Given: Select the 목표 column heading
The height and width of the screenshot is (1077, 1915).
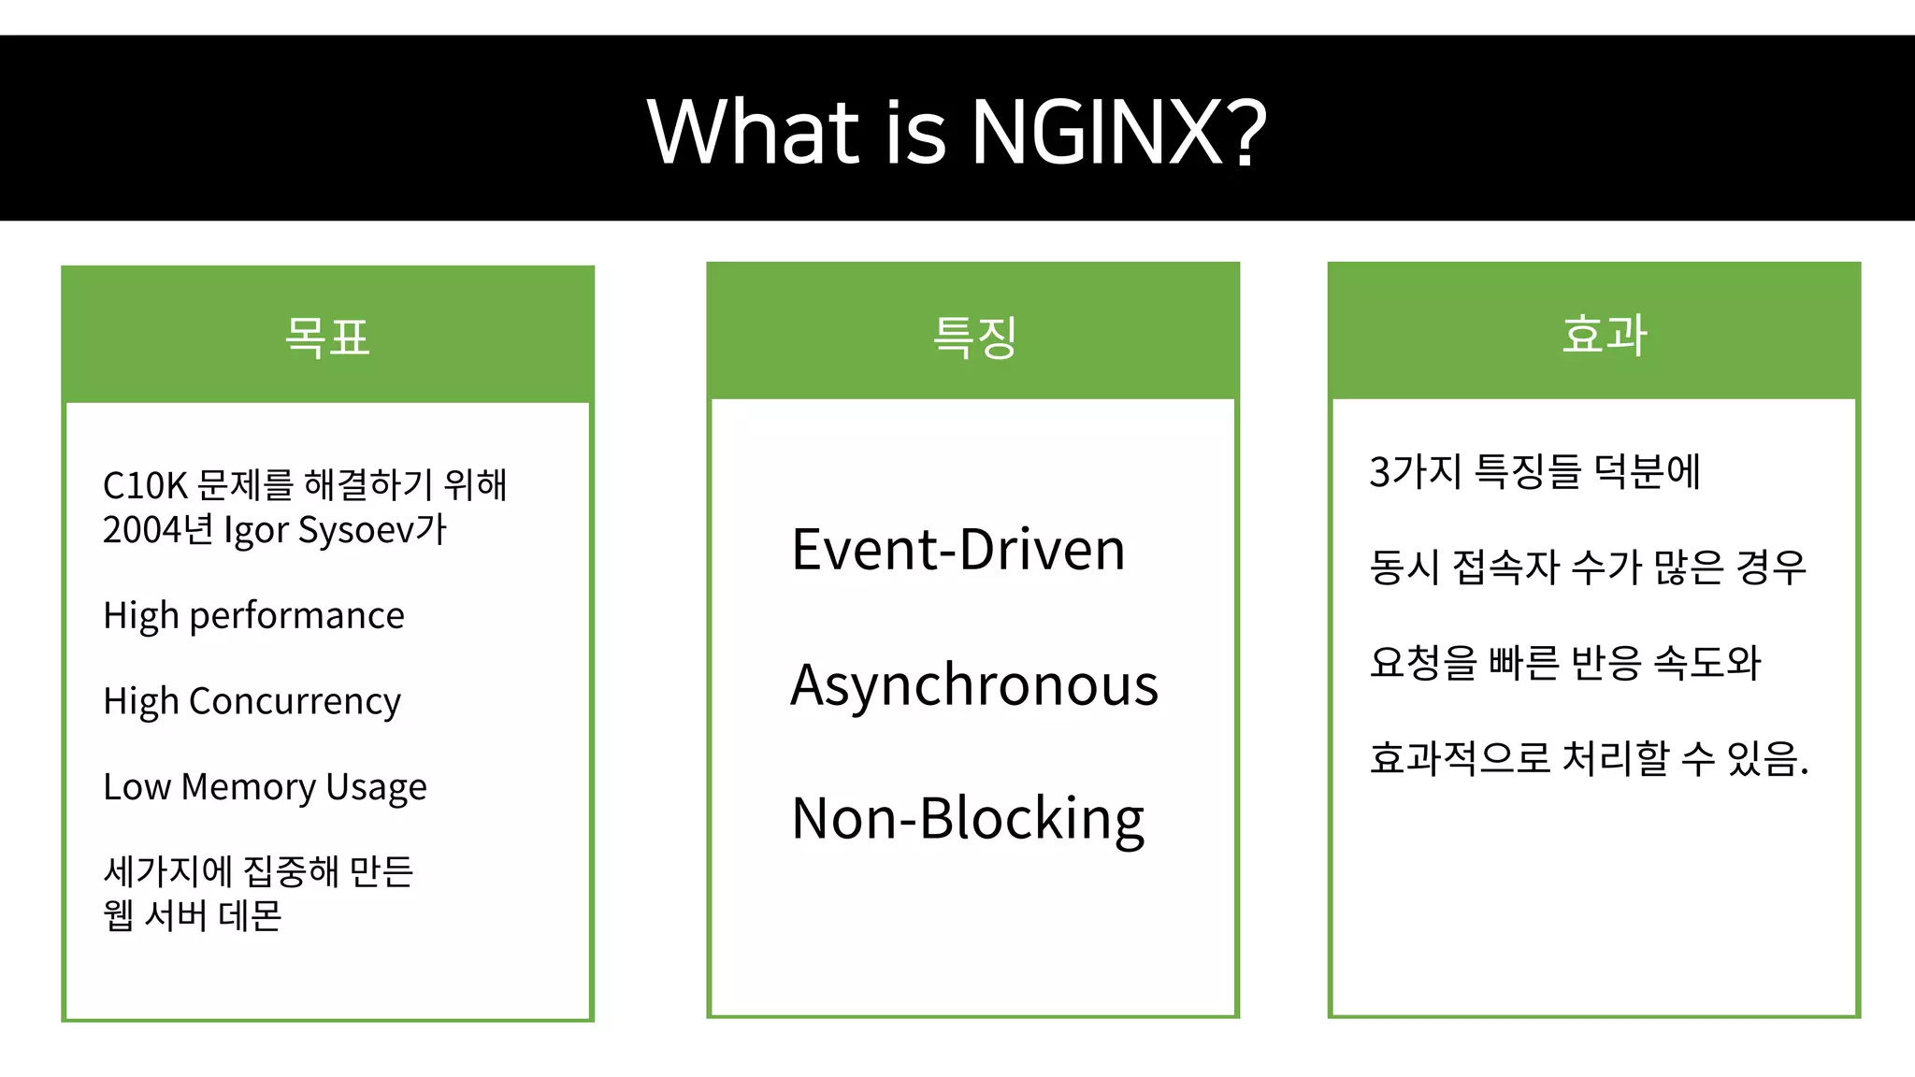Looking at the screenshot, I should point(327,337).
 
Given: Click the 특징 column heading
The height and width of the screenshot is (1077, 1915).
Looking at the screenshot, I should point(973,337).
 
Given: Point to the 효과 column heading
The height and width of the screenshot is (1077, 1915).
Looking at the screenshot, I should point(1603,334).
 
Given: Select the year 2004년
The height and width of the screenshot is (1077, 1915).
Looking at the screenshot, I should point(158,530).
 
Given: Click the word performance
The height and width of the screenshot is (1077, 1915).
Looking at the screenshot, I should point(296,616).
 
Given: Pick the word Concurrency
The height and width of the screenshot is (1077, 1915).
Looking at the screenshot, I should point(295,702).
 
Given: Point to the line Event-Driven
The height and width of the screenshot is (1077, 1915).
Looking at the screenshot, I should point(958,550).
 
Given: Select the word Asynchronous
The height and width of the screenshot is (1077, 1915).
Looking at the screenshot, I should point(974,685).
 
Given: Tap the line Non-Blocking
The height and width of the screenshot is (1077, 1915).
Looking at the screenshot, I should point(968,819).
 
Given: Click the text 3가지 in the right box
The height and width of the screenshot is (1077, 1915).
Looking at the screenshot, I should point(1415,471).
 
